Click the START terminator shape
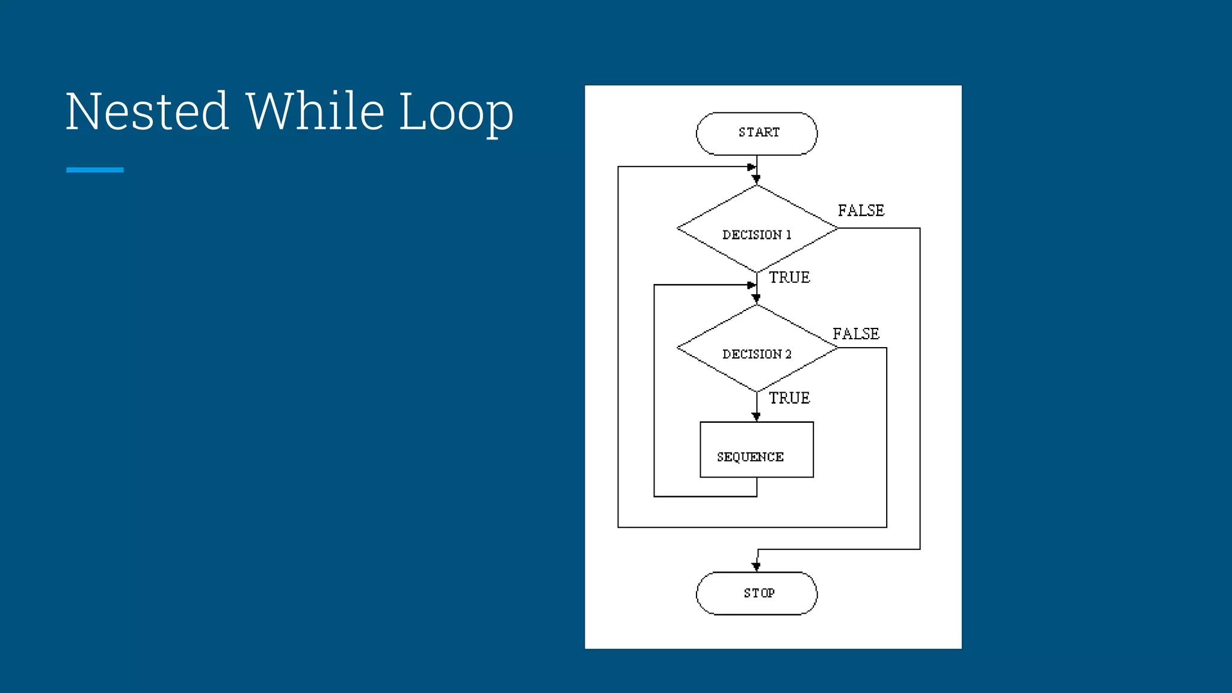pos(756,134)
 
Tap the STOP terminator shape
pos(756,593)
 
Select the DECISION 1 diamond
pos(756,229)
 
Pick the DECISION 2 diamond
pos(756,348)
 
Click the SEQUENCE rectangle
pos(756,450)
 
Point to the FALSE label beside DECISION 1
pos(861,211)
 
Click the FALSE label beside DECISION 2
pos(855,334)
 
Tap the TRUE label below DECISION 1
pos(789,277)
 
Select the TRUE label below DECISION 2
pos(789,398)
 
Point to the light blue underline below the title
pos(94,170)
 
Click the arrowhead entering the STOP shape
pos(756,567)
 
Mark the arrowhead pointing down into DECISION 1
pos(756,179)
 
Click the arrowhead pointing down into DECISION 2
pos(756,298)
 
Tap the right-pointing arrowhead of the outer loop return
pos(751,167)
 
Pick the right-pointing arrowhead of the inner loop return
pos(751,285)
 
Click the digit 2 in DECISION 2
pos(788,354)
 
